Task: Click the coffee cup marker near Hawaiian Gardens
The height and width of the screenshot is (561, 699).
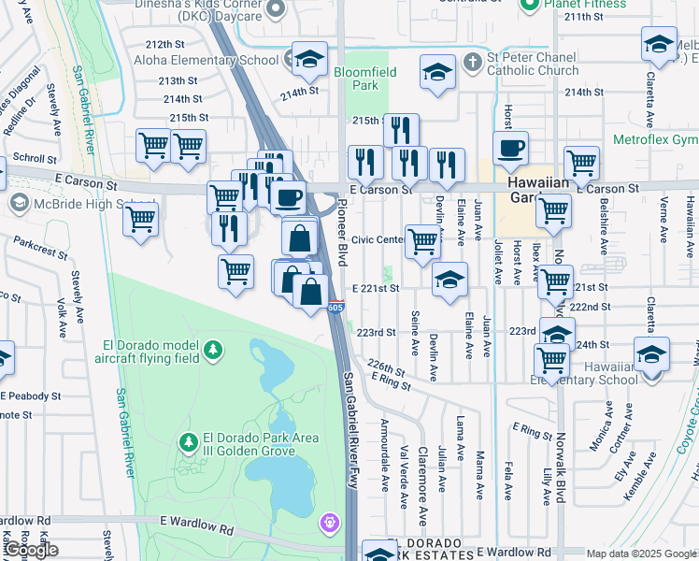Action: click(x=510, y=149)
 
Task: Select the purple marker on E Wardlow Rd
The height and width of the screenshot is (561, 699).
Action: click(x=329, y=521)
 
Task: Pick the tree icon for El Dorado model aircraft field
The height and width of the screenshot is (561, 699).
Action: click(x=215, y=349)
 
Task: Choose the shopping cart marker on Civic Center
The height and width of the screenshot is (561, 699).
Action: click(x=422, y=241)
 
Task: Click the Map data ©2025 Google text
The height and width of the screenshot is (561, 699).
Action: click(x=641, y=554)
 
